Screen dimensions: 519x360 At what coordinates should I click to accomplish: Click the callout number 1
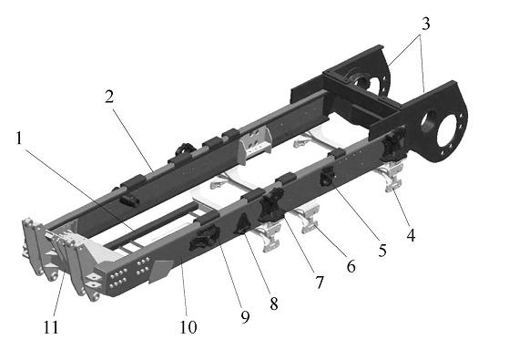click(19, 139)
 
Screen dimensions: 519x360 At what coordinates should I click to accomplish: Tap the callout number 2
click(109, 97)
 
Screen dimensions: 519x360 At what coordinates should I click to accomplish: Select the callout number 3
click(425, 24)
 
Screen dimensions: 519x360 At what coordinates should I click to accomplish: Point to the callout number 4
click(411, 235)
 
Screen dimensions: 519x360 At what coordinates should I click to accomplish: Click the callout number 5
click(382, 251)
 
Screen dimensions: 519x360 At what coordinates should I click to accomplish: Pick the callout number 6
click(351, 266)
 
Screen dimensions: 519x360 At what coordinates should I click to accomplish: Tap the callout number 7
click(319, 283)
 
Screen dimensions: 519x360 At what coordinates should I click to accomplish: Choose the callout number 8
click(274, 303)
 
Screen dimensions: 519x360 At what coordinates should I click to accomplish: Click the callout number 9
click(245, 317)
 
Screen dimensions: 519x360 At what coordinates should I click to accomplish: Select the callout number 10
click(188, 327)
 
